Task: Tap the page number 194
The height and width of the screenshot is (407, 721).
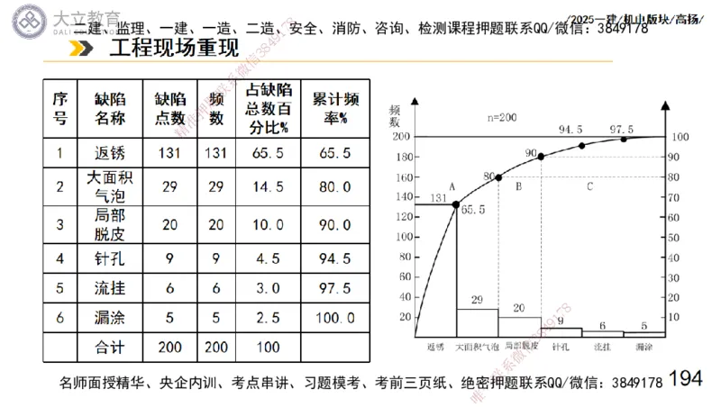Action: click(685, 379)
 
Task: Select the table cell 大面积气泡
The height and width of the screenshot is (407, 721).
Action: click(109, 186)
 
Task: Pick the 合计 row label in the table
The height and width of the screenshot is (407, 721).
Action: click(109, 346)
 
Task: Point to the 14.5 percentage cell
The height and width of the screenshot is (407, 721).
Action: click(268, 186)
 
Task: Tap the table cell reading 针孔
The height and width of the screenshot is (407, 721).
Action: click(109, 260)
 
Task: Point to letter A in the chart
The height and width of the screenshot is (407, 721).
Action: click(452, 186)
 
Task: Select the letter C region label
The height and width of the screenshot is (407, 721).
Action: click(589, 187)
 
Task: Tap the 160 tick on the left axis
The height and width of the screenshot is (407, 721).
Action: click(402, 177)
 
